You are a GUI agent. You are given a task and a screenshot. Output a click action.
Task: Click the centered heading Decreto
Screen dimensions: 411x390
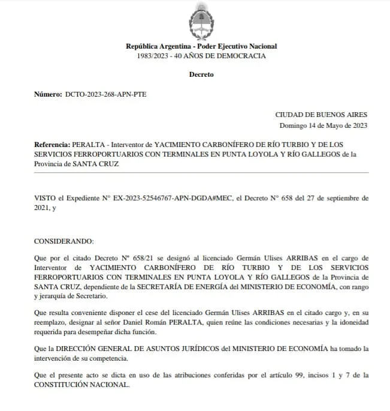[201, 75]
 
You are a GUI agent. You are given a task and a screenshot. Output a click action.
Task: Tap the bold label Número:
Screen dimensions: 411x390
[48, 95]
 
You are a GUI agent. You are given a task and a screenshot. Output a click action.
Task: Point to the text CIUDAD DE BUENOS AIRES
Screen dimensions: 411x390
[321, 115]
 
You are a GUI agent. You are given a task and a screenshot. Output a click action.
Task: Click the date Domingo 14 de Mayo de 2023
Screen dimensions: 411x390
[324, 125]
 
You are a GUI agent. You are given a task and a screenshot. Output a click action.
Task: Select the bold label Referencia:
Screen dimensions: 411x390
[52, 145]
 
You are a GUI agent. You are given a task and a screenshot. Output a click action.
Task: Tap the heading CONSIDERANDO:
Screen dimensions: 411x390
[64, 241]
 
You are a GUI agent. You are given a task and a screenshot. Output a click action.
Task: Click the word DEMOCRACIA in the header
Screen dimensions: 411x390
[240, 56]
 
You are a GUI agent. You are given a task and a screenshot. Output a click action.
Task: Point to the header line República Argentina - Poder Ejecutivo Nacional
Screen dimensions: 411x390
[201, 46]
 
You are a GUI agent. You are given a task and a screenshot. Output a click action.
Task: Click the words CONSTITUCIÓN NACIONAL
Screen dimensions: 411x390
[81, 385]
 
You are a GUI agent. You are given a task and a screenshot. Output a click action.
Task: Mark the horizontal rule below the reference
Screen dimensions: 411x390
[201, 172]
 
